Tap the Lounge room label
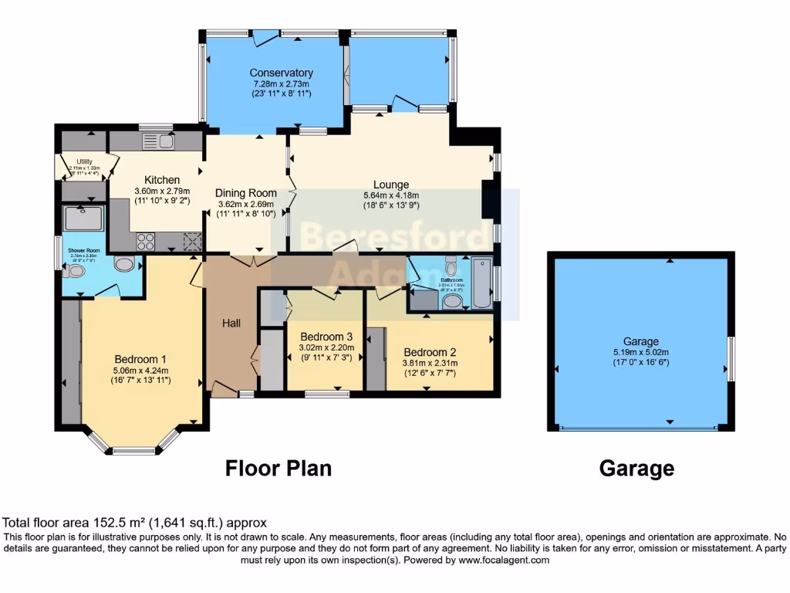click(391, 185)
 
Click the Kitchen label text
click(157, 180)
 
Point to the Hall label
click(231, 323)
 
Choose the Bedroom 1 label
click(141, 359)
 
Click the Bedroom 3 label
click(326, 336)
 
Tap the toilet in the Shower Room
click(122, 265)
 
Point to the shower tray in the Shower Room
click(82, 219)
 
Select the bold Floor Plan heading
click(278, 468)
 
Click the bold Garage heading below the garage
click(636, 468)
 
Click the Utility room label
click(84, 161)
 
